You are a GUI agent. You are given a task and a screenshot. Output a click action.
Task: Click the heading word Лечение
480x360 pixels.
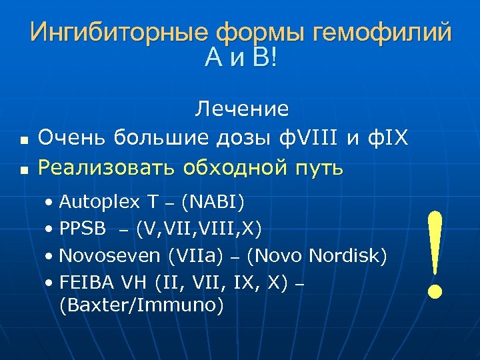241,109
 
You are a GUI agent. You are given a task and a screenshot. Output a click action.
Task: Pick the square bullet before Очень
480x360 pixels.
23,141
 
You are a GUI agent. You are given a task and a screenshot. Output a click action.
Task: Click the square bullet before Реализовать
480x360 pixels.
23,171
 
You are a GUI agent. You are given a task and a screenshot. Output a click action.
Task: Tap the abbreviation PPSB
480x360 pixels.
83,229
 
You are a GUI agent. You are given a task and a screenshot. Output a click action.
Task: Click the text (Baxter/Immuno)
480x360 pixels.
141,306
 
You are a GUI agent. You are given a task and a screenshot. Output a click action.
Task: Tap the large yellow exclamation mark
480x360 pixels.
435,253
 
